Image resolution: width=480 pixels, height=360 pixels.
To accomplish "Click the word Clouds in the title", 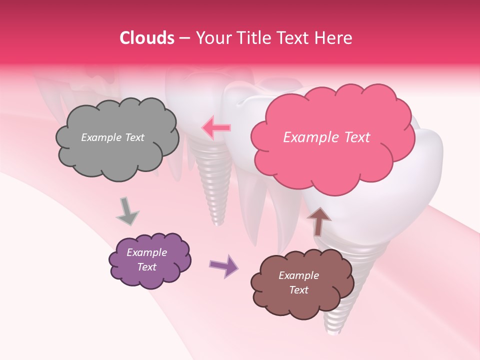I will [147, 38].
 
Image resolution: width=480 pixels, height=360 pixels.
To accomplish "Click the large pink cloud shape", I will [332, 160].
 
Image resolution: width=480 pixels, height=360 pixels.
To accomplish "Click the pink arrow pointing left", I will [216, 128].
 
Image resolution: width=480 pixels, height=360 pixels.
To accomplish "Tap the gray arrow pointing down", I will [127, 211].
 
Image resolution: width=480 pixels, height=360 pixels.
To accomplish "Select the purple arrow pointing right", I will [223, 265].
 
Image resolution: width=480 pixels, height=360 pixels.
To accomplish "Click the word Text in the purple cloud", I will [147, 267].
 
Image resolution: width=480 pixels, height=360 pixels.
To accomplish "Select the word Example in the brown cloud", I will [298, 275].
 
